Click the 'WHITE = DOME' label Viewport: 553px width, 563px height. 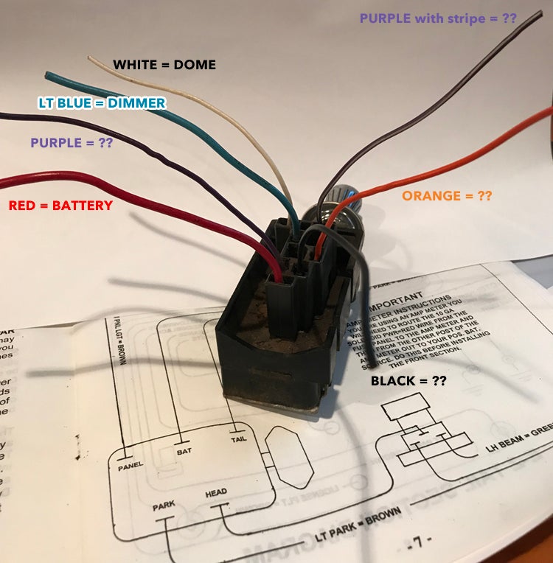pyautogui.click(x=164, y=65)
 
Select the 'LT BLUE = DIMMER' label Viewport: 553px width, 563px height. pyautogui.click(x=102, y=103)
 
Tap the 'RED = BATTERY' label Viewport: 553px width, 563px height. pyautogui.click(x=60, y=206)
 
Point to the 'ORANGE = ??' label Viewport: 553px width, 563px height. pyautogui.click(x=446, y=196)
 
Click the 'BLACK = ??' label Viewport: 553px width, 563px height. pyautogui.click(x=408, y=381)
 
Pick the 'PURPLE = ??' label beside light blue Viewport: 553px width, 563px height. pyautogui.click(x=71, y=142)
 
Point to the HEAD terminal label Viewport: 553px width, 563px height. pyautogui.click(x=216, y=493)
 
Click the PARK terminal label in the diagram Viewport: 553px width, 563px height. pyautogui.click(x=164, y=508)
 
